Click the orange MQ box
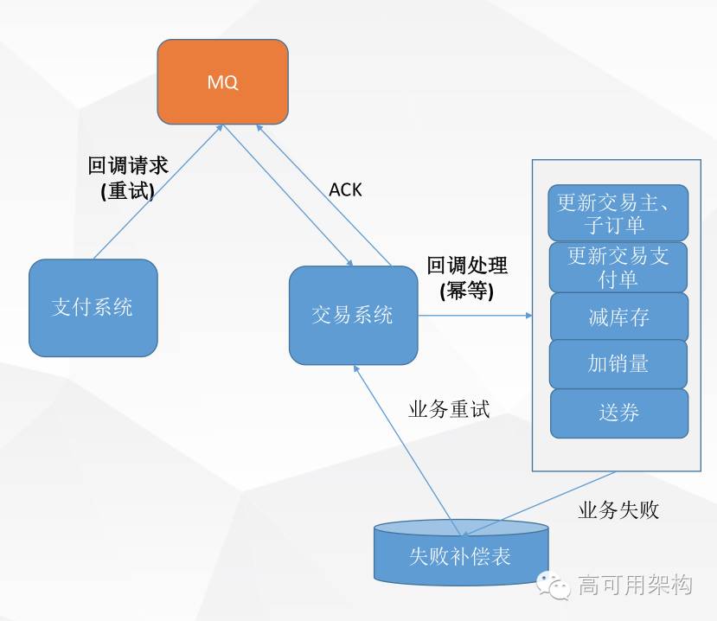point(222,82)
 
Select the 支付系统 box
point(93,307)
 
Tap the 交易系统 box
point(352,315)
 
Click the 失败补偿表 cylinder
point(460,554)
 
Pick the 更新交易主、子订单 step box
point(618,213)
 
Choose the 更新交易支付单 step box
point(618,266)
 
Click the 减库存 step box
point(618,317)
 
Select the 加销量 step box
point(618,363)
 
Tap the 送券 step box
point(618,413)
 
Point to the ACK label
point(345,189)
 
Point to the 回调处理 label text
point(467,266)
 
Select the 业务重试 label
point(449,409)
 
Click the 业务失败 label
point(618,510)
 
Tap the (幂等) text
point(466,291)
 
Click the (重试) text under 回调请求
point(127,191)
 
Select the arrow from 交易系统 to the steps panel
point(476,316)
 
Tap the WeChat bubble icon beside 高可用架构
point(554,586)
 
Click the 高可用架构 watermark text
point(636,585)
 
